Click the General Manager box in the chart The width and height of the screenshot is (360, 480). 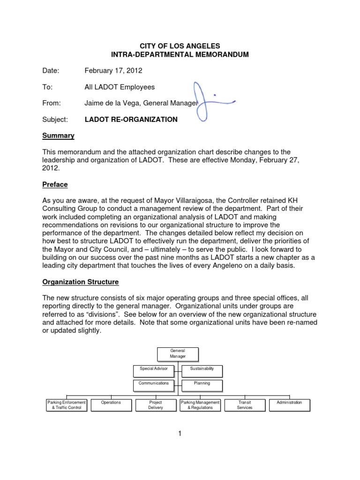pos(178,353)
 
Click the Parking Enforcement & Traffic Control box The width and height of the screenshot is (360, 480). pos(66,405)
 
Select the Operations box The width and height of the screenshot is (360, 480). pos(111,405)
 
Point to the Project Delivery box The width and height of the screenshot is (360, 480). pos(155,405)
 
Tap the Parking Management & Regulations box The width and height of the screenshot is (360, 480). pos(200,405)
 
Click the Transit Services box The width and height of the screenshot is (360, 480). pos(245,405)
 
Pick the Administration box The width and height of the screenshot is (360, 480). pos(289,405)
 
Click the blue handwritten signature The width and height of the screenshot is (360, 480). pos(209,101)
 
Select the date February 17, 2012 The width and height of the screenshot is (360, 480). pos(113,71)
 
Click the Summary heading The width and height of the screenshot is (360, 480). pos(59,135)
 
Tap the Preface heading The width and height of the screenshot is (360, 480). pos(55,185)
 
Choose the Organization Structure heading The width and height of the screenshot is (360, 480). pos(81,282)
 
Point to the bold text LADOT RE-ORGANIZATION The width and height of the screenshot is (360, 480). pos(131,120)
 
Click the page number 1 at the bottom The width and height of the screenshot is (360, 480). pos(179,434)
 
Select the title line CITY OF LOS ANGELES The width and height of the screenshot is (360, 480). pos(180,46)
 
